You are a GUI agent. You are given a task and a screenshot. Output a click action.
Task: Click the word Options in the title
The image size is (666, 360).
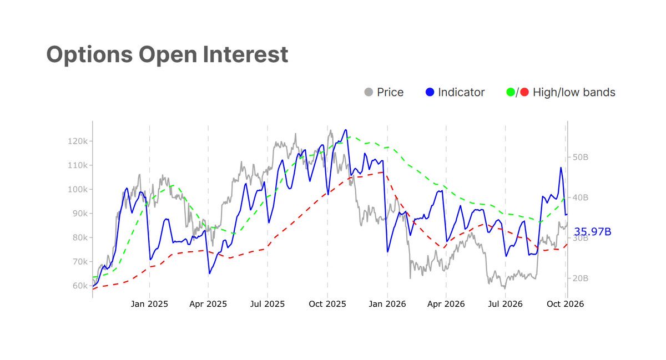click(89, 55)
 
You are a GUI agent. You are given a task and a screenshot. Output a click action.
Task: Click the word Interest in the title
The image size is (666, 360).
click(245, 54)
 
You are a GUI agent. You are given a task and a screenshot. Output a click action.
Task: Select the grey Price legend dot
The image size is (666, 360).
click(369, 92)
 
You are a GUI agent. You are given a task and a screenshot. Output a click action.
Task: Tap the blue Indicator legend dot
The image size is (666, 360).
click(430, 92)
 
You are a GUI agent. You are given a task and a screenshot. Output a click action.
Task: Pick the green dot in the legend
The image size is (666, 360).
click(511, 92)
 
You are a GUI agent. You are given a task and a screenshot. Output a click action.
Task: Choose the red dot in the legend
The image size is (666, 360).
click(524, 92)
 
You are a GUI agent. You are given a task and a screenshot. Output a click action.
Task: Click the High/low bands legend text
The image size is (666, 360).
click(574, 93)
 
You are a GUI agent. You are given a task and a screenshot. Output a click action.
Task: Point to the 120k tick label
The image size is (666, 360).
click(78, 141)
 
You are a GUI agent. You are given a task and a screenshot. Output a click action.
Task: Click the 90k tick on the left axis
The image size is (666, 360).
click(80, 214)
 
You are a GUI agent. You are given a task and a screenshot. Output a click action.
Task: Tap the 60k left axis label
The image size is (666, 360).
click(80, 286)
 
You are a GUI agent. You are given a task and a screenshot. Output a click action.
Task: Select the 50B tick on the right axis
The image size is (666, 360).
click(581, 157)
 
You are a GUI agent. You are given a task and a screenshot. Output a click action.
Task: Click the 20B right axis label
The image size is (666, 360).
click(581, 278)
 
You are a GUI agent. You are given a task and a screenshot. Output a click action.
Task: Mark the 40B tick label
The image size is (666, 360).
click(581, 197)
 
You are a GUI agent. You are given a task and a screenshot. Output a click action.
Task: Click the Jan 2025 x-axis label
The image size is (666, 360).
click(149, 304)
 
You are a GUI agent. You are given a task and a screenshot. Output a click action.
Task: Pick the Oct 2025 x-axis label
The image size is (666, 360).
click(327, 304)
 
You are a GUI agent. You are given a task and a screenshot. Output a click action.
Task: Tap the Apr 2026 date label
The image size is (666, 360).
click(446, 304)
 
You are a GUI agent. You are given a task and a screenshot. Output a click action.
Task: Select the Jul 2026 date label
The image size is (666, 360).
click(505, 304)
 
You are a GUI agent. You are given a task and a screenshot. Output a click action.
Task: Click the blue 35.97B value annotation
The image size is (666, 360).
click(592, 231)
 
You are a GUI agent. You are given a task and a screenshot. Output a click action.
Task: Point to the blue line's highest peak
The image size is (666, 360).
click(345, 130)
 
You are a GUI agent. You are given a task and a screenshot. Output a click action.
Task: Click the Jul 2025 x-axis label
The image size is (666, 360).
click(268, 304)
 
